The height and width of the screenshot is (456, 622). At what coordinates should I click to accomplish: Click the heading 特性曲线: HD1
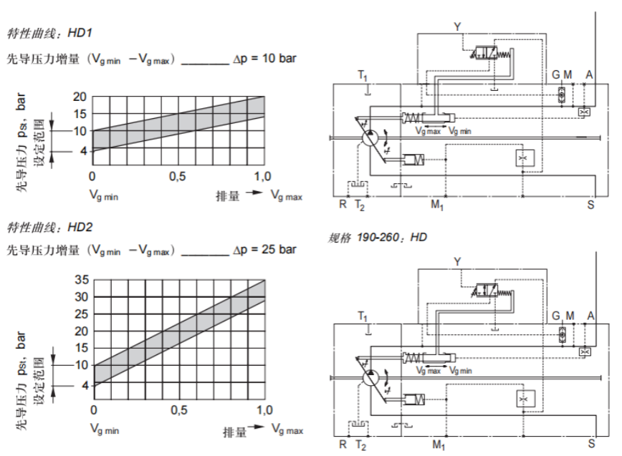49,33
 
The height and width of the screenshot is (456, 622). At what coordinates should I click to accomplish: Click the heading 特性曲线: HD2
49,228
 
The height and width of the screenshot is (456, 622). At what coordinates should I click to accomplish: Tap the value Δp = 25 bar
264,250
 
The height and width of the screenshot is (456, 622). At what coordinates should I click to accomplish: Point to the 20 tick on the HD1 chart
79,97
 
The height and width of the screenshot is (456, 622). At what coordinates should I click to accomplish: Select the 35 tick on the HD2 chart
80,280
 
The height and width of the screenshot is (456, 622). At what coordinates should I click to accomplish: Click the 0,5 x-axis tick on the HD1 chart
178,177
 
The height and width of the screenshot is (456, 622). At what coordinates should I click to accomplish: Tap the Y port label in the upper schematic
457,26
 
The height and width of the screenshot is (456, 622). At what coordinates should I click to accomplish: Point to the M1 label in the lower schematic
437,445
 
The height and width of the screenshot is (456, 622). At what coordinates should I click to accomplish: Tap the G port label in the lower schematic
555,316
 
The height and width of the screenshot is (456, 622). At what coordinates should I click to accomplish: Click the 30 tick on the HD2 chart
80,297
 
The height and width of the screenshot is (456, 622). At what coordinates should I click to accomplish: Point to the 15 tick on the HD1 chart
79,114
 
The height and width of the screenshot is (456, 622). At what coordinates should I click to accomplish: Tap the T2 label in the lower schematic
361,445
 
